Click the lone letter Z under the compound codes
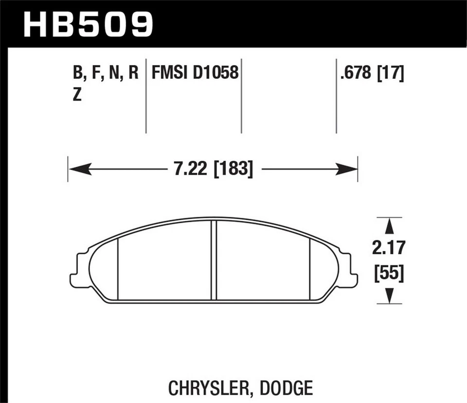pos(77,96)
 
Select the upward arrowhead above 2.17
pos(389,227)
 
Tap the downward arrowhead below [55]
pos(389,295)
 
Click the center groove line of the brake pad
pos(214,260)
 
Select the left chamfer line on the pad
pos(119,270)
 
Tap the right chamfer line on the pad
pos(310,270)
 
